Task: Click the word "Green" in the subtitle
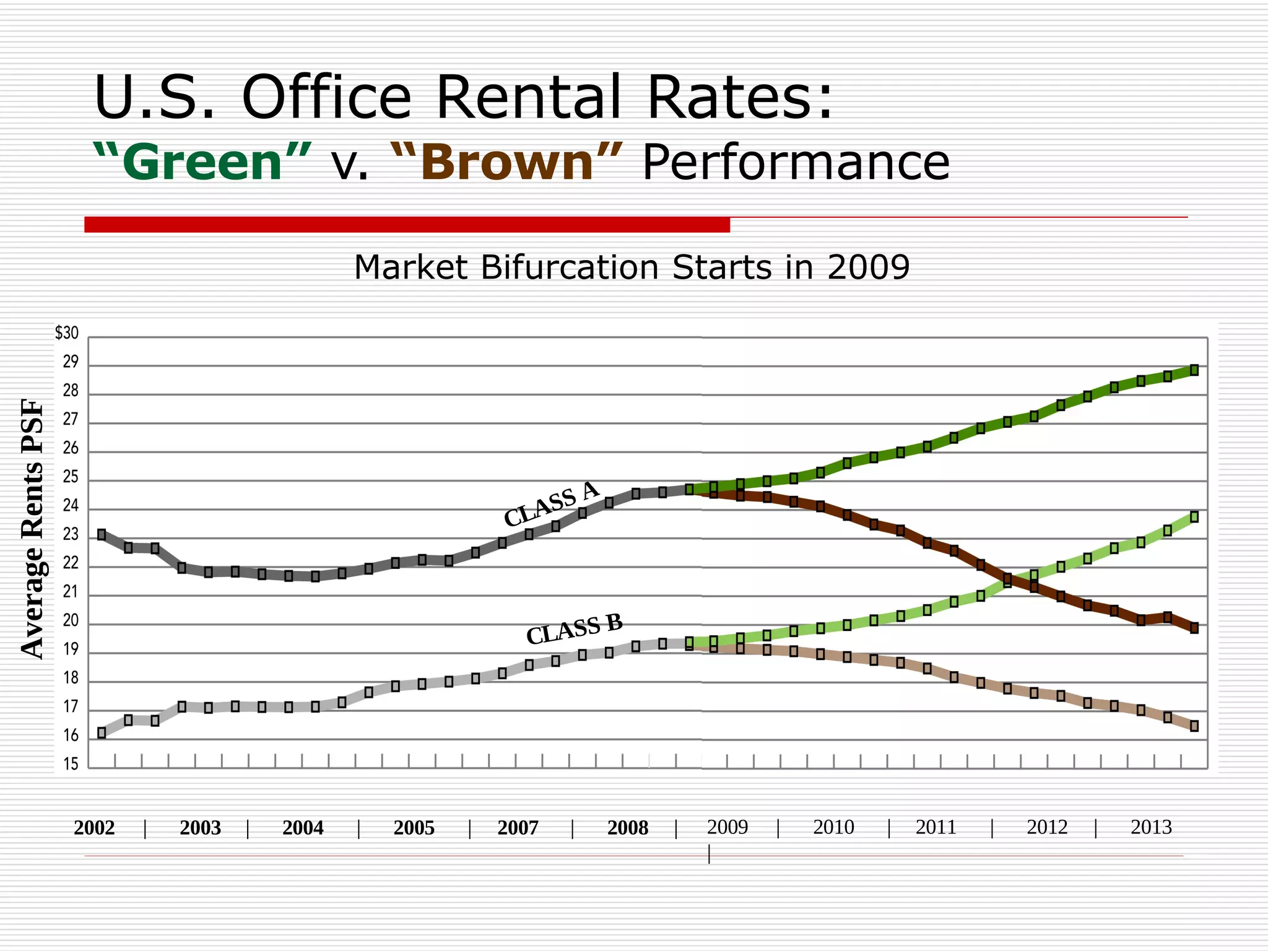pos(202,162)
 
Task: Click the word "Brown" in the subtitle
pos(507,162)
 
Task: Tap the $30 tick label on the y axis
pos(67,333)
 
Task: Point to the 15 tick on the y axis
pos(71,765)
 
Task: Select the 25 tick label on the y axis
pos(71,477)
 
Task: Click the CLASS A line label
pos(551,503)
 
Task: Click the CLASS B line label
pos(574,630)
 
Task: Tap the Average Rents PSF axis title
pos(33,529)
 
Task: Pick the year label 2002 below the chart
pos(94,828)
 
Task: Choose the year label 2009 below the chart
pos(727,827)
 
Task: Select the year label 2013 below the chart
pos(1151,827)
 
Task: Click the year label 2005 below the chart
pos(414,828)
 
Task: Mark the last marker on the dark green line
pos(1194,370)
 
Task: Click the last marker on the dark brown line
pos(1194,628)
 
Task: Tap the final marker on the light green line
pos(1194,516)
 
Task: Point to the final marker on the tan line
pos(1194,726)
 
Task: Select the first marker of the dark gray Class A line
pos(102,534)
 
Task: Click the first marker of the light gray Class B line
pos(102,733)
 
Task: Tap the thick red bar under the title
pos(407,225)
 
